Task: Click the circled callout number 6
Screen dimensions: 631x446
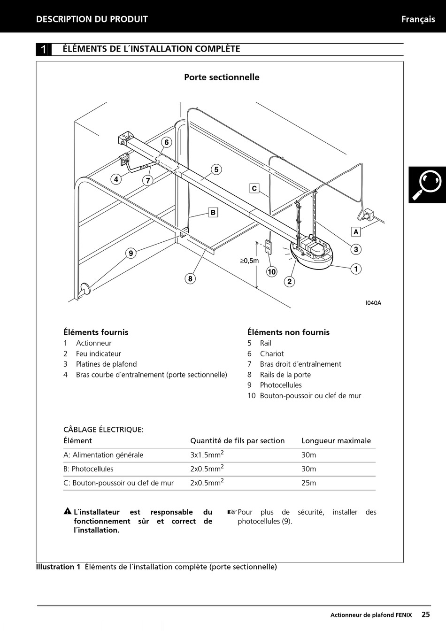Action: tap(166, 142)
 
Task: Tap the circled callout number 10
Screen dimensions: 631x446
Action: tap(272, 271)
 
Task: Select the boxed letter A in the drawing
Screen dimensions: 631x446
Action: tap(356, 231)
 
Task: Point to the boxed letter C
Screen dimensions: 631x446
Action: tap(254, 188)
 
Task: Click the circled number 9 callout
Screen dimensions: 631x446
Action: tap(131, 254)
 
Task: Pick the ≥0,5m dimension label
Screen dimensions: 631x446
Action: tap(249, 261)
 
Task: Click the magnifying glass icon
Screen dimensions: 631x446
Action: tap(427, 185)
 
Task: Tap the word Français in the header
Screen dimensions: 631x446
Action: tap(418, 19)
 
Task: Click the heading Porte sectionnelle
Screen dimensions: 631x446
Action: tap(222, 77)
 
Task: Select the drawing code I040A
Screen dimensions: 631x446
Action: tap(374, 303)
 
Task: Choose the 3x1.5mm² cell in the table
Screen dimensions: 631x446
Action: tap(207, 454)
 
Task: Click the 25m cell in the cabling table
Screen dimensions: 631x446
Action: tap(309, 483)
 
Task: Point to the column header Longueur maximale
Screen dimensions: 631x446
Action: tap(336, 441)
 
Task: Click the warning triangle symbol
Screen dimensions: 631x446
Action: tap(68, 512)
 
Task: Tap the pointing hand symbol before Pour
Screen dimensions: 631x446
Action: tap(232, 512)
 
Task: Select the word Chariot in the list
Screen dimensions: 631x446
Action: tap(272, 354)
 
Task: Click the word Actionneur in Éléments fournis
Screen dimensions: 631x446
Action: tap(94, 343)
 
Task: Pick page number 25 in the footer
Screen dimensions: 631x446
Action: tap(425, 614)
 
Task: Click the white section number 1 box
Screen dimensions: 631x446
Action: tap(44, 49)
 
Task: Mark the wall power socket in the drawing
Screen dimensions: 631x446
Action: tap(368, 215)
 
